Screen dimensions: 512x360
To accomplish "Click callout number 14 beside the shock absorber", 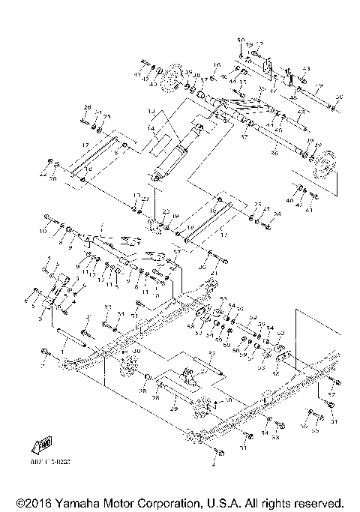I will click(150, 128).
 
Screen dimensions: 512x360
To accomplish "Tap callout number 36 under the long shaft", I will click(273, 152).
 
